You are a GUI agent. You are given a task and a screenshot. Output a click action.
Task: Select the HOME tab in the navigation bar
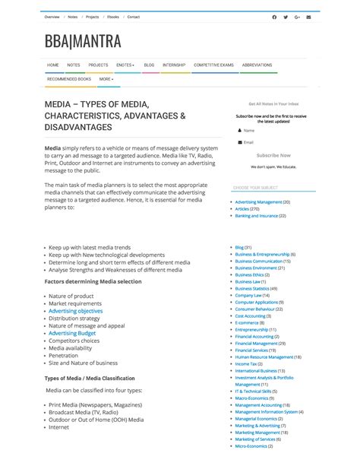pos(52,65)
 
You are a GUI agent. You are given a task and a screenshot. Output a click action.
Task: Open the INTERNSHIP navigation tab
pos(173,65)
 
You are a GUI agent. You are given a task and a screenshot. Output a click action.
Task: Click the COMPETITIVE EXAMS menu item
pos(213,65)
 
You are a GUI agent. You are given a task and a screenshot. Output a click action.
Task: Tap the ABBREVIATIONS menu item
pos(257,65)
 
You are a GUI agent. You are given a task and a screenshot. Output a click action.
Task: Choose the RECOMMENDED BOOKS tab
pos(68,78)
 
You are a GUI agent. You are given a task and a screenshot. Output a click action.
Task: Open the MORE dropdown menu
pos(106,78)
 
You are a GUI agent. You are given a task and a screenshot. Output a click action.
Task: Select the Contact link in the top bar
pos(133,17)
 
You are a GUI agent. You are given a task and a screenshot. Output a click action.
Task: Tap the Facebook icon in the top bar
pos(274,17)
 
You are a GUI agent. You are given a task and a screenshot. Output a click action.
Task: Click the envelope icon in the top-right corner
pos(308,17)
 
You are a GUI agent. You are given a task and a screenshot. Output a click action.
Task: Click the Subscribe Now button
pos(273,155)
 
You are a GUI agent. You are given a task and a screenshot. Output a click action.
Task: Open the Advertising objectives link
pos(75,311)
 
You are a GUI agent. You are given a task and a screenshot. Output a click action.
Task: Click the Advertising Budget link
pos(72,333)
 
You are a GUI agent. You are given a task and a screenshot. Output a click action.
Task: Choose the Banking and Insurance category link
pos(260,216)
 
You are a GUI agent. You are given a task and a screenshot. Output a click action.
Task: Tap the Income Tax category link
pos(247,363)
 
